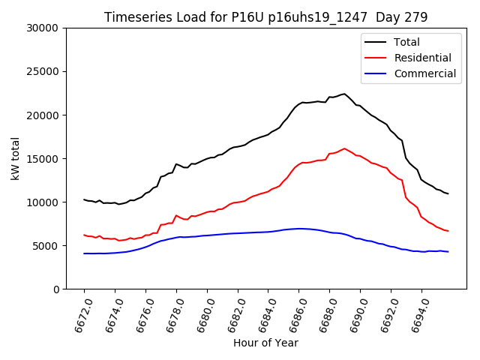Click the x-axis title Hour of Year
265,343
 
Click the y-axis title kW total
15,159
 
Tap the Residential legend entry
422,58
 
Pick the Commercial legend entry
424,73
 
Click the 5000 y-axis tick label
47,246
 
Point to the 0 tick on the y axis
56,289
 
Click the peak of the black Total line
344,94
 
